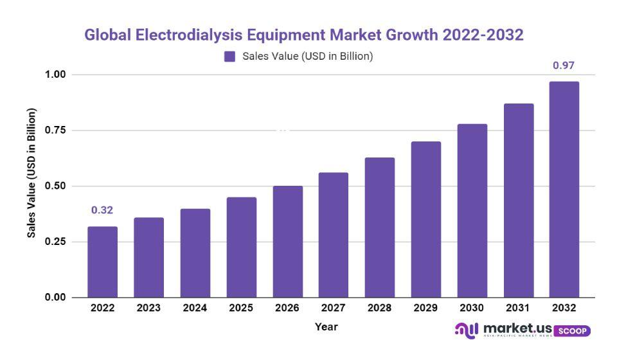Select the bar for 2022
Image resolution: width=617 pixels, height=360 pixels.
(103, 262)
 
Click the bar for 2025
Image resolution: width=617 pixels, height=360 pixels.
(241, 247)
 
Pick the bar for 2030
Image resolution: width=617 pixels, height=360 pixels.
(472, 210)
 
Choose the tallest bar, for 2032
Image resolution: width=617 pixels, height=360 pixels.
(564, 189)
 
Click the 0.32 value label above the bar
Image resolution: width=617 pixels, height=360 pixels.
(102, 210)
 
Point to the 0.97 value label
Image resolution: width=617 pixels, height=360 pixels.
(564, 66)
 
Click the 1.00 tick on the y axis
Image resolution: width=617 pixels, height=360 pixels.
(55, 75)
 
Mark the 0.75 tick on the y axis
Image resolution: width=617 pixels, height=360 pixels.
(55, 130)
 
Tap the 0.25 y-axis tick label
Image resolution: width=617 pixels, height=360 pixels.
(55, 242)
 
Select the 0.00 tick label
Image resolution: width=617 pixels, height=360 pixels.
(55, 297)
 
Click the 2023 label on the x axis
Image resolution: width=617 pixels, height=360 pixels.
(148, 308)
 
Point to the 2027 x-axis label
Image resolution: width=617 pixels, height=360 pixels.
(333, 308)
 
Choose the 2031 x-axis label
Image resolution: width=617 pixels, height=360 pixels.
(517, 308)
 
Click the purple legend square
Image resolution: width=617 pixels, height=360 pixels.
(230, 57)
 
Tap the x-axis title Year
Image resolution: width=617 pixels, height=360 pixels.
(326, 327)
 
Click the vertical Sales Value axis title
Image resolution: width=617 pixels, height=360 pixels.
(31, 173)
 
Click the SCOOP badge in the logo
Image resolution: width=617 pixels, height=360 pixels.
(571, 330)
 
